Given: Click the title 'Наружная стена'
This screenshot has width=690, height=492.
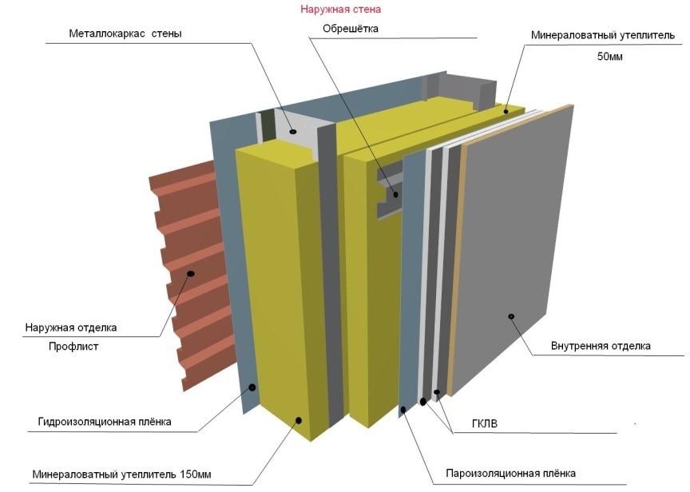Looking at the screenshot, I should tap(341, 10).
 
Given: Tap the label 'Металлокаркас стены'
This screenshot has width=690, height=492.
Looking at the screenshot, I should tap(125, 34).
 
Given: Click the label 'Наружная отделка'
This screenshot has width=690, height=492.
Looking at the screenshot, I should tap(71, 327).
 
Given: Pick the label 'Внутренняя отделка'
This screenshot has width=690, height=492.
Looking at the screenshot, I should tap(601, 346).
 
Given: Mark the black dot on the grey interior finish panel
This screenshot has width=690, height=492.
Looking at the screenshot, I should tap(511, 317).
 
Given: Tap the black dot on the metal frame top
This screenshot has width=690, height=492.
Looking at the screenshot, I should tap(293, 131).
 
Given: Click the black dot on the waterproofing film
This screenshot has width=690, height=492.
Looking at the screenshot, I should tap(252, 387).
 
